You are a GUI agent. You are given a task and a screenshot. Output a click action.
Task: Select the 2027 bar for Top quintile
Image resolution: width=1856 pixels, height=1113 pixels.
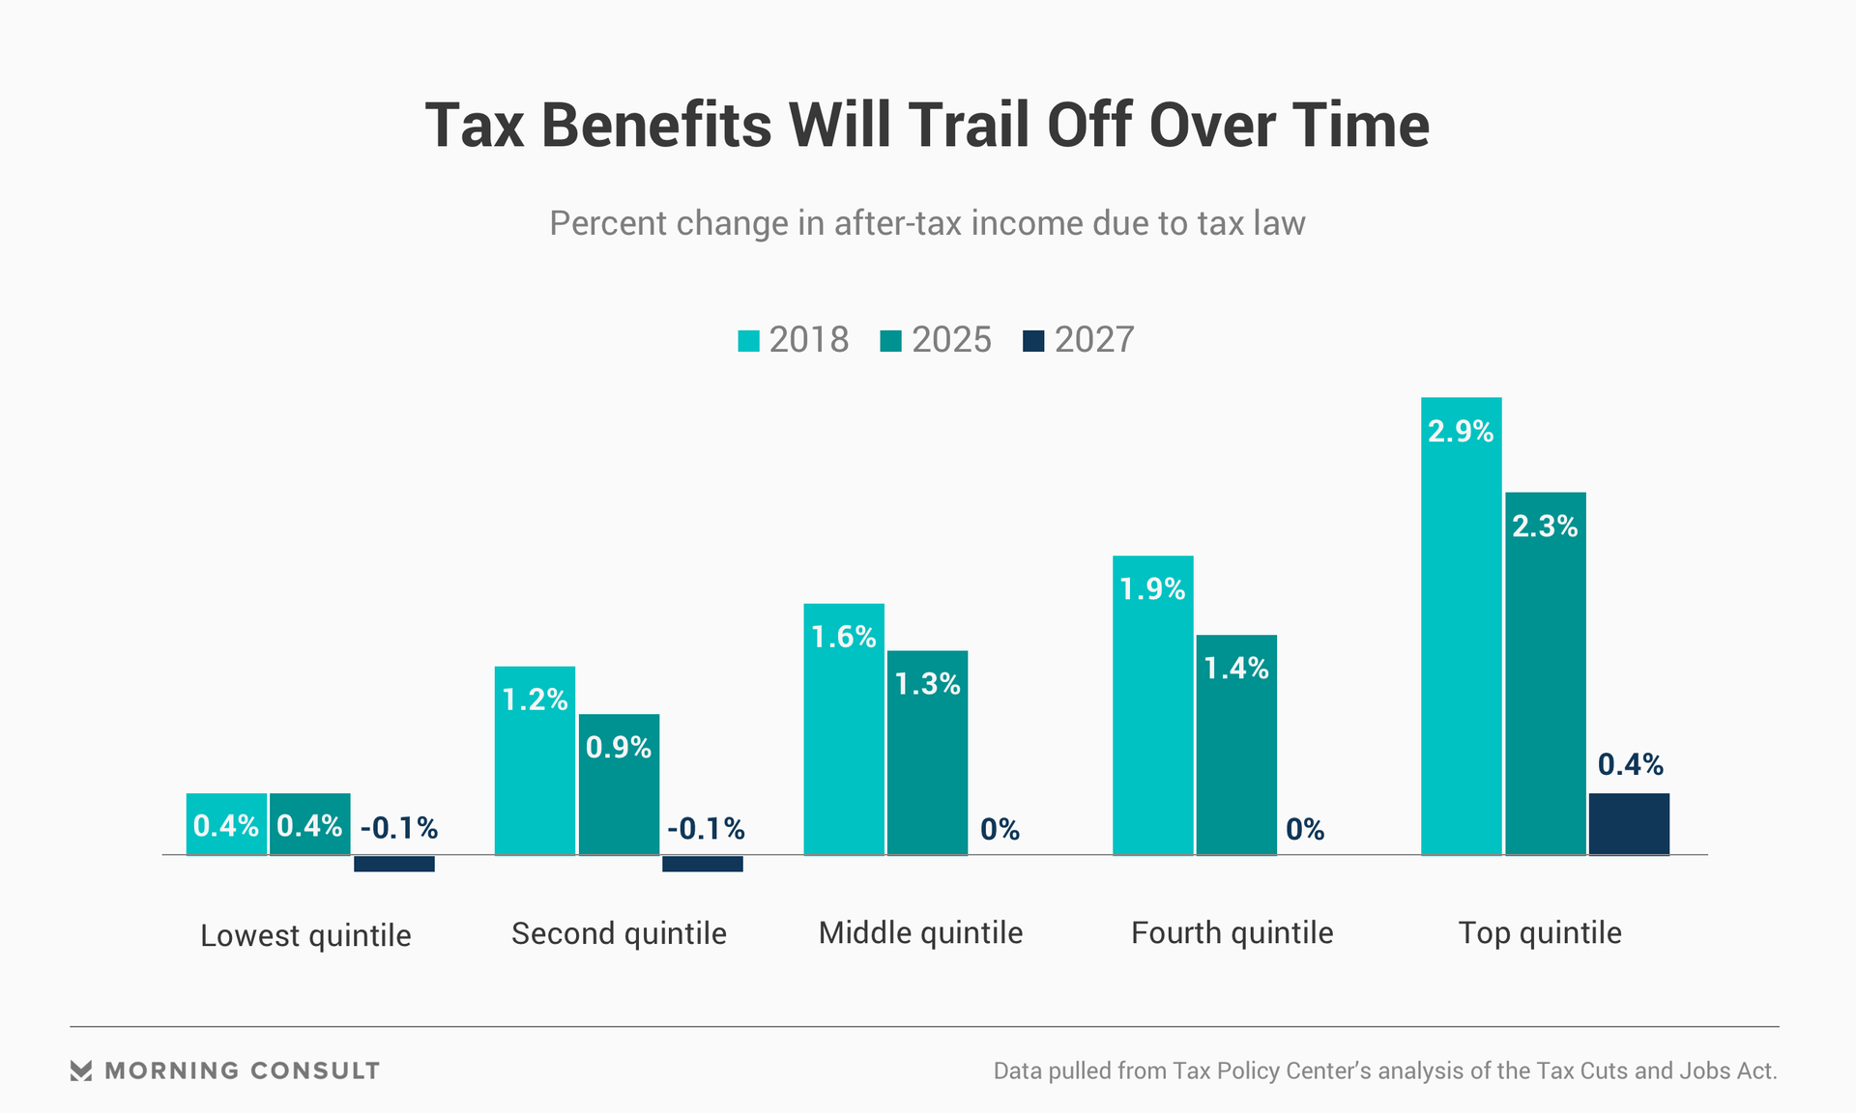pos(1629,824)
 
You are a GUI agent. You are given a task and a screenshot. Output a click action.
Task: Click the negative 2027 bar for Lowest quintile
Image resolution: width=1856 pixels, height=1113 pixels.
pos(393,864)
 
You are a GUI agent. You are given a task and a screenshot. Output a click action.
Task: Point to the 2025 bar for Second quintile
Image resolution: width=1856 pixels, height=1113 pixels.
pos(619,792)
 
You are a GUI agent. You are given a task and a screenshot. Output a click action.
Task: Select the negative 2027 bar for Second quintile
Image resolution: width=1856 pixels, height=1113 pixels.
pos(702,864)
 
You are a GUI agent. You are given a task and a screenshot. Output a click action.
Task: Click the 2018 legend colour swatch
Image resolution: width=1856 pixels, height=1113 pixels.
pos(748,341)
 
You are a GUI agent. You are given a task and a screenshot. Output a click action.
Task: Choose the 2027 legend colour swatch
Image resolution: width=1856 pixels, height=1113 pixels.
pos(1033,341)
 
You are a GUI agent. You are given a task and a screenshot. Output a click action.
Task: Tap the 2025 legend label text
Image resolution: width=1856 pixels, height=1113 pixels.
pos(951,340)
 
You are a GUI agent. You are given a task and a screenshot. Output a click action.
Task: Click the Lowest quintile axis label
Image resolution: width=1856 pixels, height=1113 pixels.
pos(305,935)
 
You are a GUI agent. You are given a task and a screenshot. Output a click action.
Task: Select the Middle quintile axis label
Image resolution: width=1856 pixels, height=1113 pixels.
pos(920,933)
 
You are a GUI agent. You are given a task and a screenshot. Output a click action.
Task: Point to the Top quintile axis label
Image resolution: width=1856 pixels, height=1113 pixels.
pos(1540,933)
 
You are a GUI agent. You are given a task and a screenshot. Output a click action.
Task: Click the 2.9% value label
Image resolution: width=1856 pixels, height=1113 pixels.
pos(1461,431)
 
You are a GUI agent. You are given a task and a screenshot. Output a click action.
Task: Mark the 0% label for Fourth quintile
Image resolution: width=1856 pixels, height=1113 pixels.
pos(1305,829)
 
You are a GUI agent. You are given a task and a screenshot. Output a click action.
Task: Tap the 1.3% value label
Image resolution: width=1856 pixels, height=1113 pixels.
pos(927,684)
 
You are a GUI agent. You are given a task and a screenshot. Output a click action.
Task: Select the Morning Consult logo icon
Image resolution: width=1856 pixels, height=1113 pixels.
pos(81,1070)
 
